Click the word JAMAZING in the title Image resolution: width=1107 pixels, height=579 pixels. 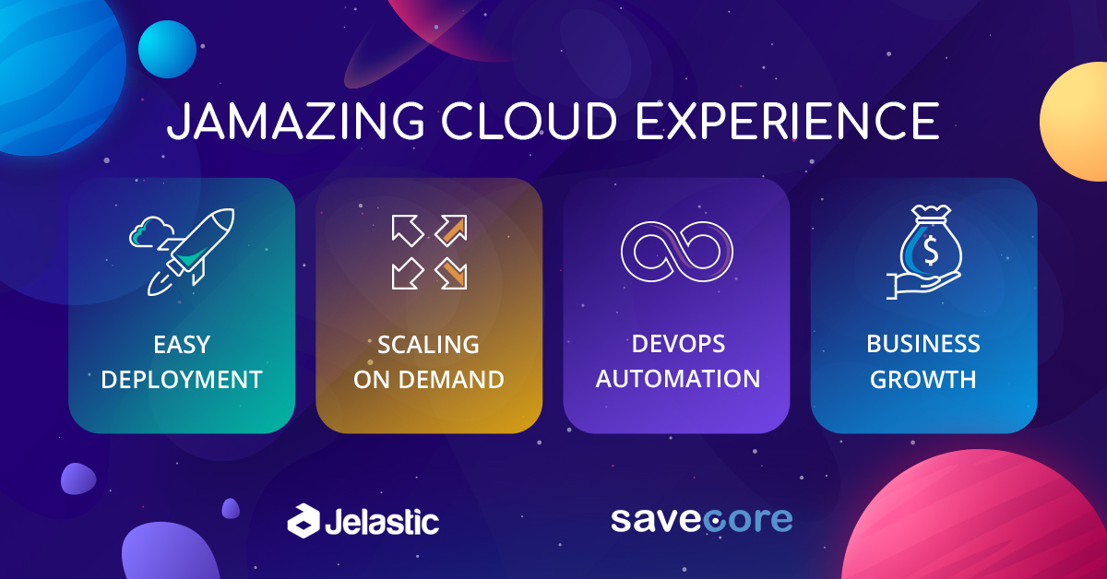tap(295, 121)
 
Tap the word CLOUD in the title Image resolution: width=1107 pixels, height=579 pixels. tap(529, 121)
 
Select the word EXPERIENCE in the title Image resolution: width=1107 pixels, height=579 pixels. tap(787, 121)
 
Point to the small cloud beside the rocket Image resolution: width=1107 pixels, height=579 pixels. tap(150, 231)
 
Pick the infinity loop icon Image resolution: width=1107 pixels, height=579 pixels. tap(676, 252)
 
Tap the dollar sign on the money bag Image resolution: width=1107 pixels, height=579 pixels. tap(931, 251)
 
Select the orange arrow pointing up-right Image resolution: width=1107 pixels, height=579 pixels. tap(451, 230)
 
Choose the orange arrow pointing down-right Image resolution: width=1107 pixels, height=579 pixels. tap(451, 273)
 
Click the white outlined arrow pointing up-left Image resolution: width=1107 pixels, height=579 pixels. tap(407, 230)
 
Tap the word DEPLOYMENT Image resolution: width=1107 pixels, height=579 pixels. tap(182, 380)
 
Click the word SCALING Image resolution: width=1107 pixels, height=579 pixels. tap(428, 345)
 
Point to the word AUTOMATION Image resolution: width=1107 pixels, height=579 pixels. tap(677, 379)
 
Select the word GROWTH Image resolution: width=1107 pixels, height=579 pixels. tap(923, 380)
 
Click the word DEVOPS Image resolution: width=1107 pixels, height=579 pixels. tap(678, 344)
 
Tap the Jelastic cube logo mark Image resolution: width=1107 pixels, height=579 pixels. tap(304, 521)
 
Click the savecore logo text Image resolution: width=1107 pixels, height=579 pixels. tap(702, 519)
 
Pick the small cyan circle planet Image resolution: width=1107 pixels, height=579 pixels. tap(167, 49)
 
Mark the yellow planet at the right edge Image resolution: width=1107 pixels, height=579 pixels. tap(1074, 122)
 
